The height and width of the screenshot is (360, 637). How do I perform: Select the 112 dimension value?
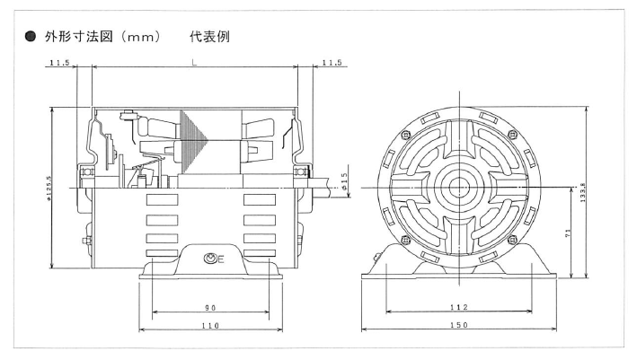tap(459, 307)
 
